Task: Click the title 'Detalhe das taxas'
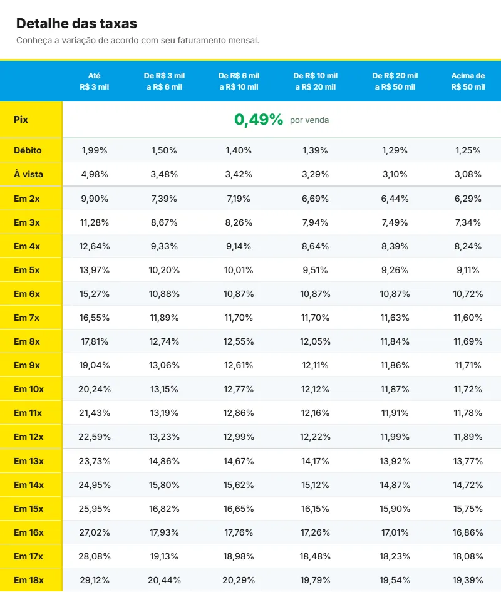(76, 23)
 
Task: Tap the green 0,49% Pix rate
(259, 120)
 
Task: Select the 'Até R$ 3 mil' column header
(94, 81)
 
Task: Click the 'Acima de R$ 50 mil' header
(468, 81)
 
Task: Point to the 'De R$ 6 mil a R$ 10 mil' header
(239, 81)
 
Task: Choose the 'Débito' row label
(28, 150)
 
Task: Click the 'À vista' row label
(28, 174)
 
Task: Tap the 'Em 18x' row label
(29, 580)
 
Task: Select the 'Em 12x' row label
(29, 437)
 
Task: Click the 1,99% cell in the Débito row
(95, 150)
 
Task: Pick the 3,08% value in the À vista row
(468, 174)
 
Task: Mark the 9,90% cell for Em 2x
(95, 199)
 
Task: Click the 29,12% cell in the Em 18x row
(95, 580)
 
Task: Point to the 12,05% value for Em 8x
(315, 341)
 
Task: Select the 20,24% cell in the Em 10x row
(95, 389)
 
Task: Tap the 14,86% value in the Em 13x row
(164, 461)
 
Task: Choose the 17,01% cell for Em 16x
(395, 532)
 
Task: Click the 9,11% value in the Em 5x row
(468, 270)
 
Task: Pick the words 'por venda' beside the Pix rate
(309, 120)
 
